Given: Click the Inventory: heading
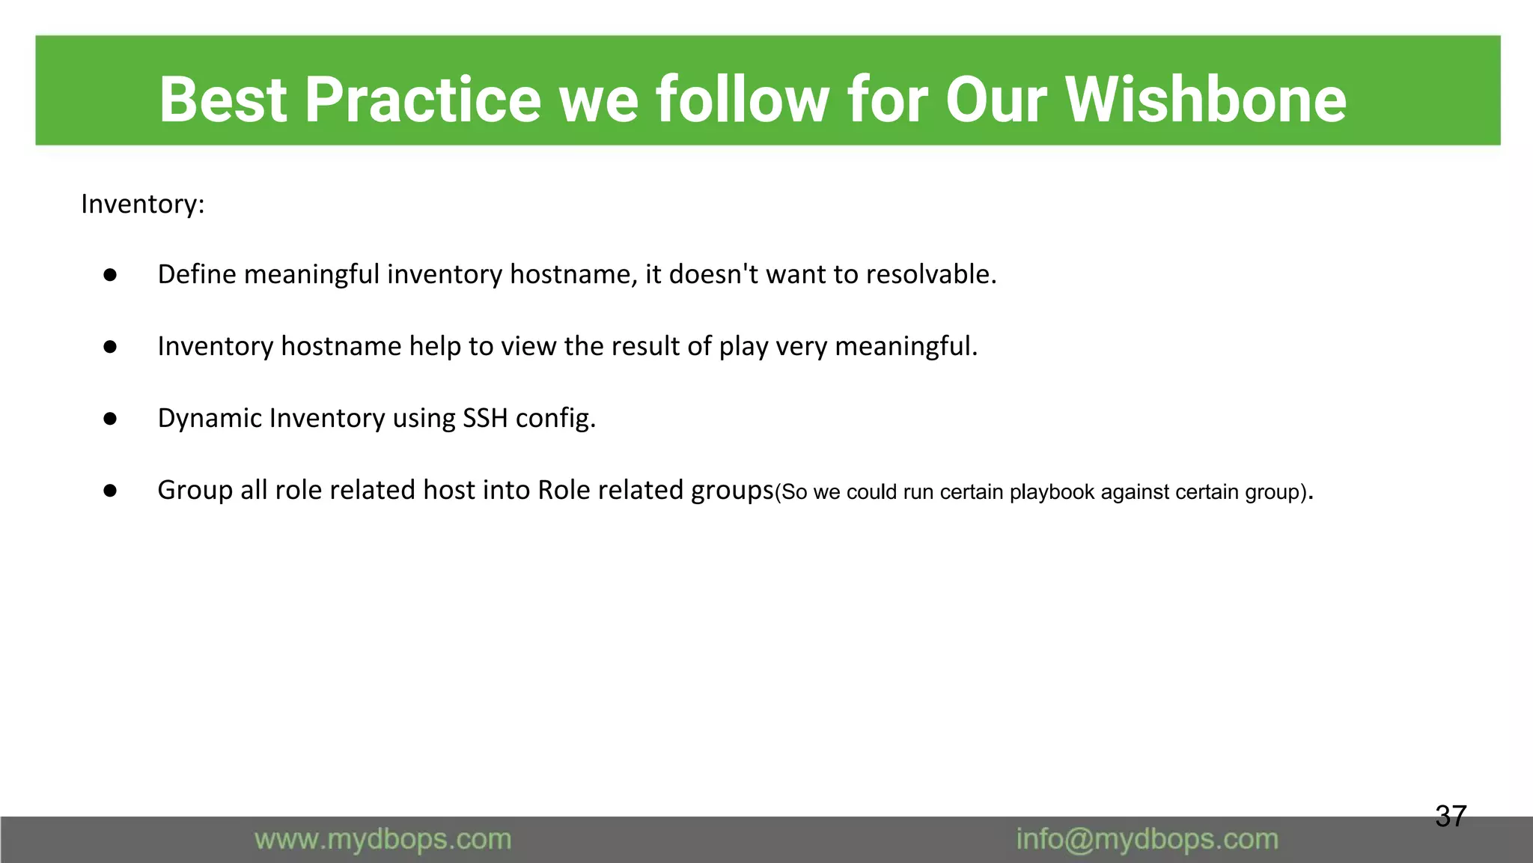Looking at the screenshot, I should (x=142, y=204).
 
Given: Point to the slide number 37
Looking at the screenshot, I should (x=1450, y=816).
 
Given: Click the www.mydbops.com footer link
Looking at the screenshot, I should (x=383, y=839).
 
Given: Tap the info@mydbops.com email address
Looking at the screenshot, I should (x=1147, y=839).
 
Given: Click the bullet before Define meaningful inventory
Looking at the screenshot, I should (x=110, y=275).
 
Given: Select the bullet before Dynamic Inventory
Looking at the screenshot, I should (x=110, y=419).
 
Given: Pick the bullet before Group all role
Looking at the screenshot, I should (x=110, y=491).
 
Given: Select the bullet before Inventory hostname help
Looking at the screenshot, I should (x=110, y=347).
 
